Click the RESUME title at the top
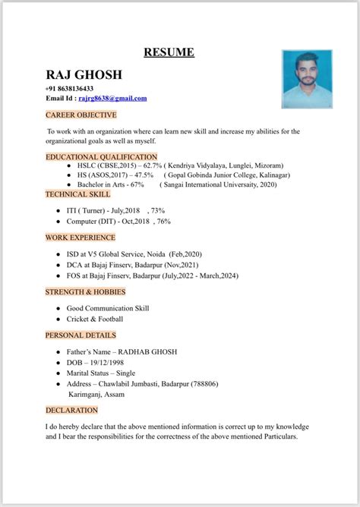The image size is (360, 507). coord(169,52)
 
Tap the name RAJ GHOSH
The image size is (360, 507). coord(84,74)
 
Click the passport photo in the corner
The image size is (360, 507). coord(307,80)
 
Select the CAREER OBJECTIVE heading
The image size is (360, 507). coord(81,115)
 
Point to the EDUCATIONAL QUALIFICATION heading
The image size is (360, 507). coord(101,156)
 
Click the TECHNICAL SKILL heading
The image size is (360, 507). coord(77,194)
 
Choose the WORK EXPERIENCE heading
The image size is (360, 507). coord(81,238)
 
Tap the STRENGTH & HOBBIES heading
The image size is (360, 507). coord(85,291)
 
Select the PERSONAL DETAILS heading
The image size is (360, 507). coord(81,335)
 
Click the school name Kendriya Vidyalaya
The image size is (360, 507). coord(200,165)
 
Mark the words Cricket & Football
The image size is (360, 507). coord(94,319)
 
